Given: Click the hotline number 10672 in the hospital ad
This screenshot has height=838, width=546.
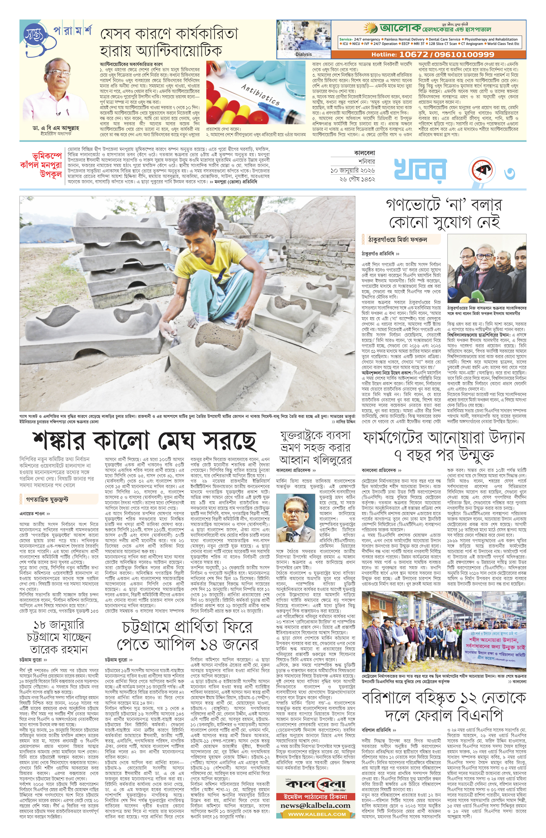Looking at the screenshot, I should pyautogui.click(x=412, y=55).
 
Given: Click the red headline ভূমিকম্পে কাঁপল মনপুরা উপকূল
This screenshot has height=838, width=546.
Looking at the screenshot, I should pyautogui.click(x=42, y=164).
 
